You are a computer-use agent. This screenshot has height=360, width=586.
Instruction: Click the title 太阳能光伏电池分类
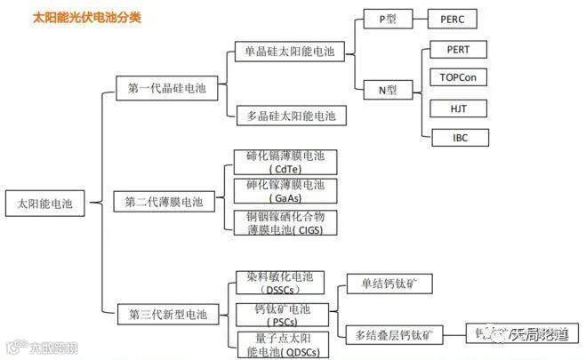pyautogui.click(x=86, y=17)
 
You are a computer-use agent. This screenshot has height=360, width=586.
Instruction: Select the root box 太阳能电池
pyautogui.click(x=44, y=203)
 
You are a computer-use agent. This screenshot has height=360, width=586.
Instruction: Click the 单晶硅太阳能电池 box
pyautogui.click(x=289, y=52)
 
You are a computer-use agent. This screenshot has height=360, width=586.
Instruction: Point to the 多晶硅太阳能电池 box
pyautogui.click(x=289, y=116)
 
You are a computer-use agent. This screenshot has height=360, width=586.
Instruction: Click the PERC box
pyautogui.click(x=458, y=19)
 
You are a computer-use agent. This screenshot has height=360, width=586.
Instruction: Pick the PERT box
pyautogui.click(x=458, y=49)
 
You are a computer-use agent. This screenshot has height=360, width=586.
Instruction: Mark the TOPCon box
pyautogui.click(x=458, y=78)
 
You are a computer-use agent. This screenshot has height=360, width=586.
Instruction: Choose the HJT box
pyautogui.click(x=458, y=108)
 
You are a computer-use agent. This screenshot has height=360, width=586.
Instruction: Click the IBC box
pyautogui.click(x=458, y=137)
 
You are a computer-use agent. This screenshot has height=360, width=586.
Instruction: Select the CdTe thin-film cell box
pyautogui.click(x=285, y=163)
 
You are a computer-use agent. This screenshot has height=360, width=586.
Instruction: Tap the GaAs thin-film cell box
pyautogui.click(x=285, y=191)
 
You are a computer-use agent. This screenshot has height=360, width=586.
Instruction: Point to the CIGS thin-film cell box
pyautogui.click(x=285, y=222)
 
